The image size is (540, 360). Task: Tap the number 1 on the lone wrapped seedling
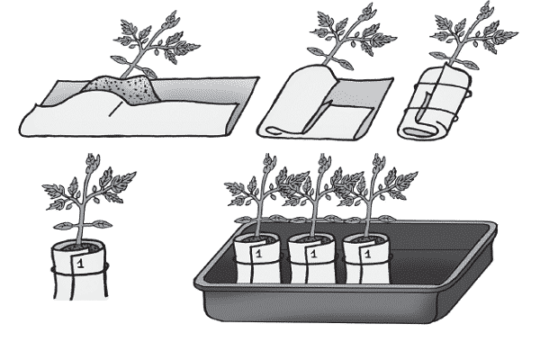(x=81, y=264)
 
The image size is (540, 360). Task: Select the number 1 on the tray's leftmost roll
(x=259, y=254)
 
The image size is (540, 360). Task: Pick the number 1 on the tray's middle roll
(x=313, y=254)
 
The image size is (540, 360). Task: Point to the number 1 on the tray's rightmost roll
(x=368, y=254)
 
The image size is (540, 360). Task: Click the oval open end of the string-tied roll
(x=416, y=132)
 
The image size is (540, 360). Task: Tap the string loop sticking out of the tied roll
(x=468, y=94)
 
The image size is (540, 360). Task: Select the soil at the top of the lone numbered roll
(x=80, y=247)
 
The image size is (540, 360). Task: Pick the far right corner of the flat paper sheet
(x=258, y=77)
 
